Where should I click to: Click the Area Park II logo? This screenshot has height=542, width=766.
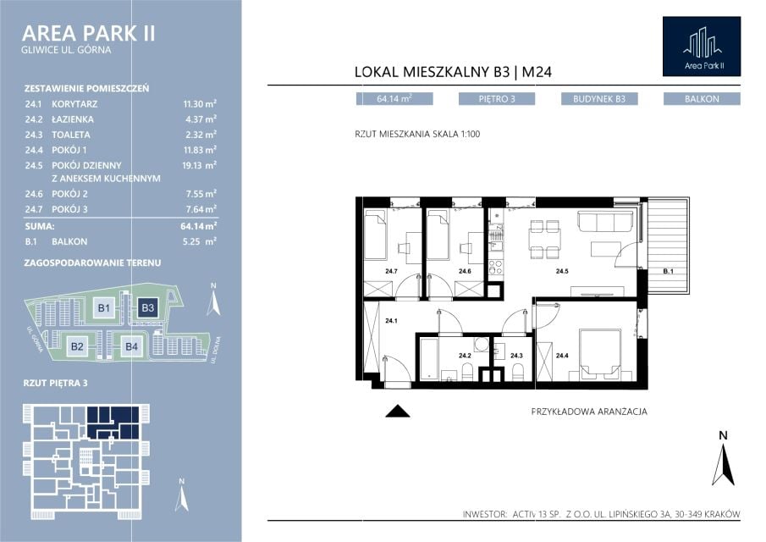(702, 47)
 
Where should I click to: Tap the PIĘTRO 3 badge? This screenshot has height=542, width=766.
(496, 99)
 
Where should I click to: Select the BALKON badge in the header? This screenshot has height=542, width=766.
(702, 99)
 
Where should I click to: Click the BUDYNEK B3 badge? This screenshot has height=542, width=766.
(599, 99)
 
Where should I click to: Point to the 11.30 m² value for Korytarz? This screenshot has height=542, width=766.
(200, 103)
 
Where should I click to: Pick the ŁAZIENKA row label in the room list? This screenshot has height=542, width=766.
(73, 119)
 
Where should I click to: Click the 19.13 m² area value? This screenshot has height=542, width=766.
(199, 165)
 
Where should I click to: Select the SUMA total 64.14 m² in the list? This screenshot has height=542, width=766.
(198, 226)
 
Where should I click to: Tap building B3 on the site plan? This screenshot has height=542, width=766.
(147, 307)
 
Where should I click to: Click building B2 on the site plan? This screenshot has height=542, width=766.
(77, 346)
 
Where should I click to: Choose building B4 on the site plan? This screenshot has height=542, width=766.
(131, 346)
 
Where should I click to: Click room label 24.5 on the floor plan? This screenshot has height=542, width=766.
(562, 271)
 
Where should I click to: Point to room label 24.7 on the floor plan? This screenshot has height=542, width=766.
(391, 271)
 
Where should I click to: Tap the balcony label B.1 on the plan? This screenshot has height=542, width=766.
(669, 271)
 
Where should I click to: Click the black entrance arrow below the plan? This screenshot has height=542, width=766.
(398, 412)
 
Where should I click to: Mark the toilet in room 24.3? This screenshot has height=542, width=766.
(517, 373)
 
